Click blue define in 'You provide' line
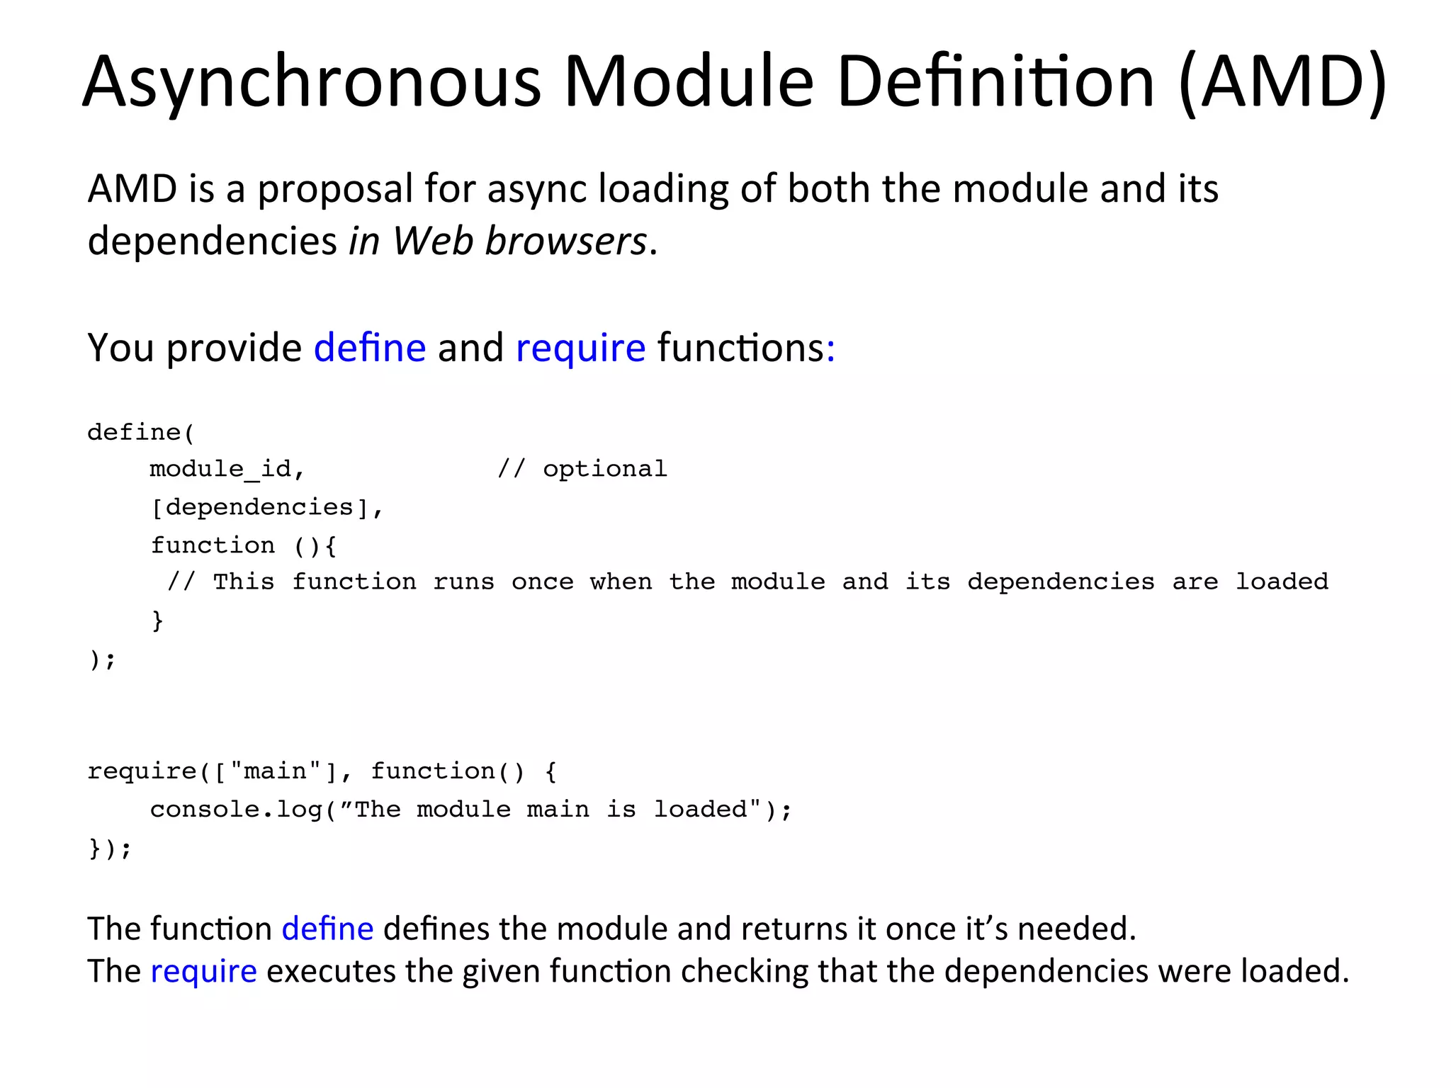[370, 348]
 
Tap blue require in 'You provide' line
[580, 348]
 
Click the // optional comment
[582, 469]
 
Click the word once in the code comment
[542, 582]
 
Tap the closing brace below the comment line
[157, 620]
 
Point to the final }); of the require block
[110, 848]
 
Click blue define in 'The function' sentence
[327, 929]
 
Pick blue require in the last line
[203, 972]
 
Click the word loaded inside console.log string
[700, 810]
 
